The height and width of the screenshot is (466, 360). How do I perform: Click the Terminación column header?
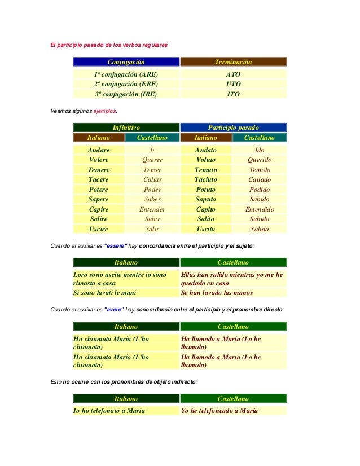[233, 62]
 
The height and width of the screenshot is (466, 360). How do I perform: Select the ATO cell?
[233, 74]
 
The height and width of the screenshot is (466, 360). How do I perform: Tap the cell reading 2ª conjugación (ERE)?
[126, 84]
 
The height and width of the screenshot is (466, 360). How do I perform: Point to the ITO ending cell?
[233, 94]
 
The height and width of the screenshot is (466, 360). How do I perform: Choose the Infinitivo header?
[126, 128]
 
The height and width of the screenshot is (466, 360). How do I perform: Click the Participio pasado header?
[233, 128]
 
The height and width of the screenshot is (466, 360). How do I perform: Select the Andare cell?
[99, 150]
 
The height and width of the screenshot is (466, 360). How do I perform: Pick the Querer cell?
[152, 160]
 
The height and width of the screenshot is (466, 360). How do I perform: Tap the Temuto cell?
[206, 170]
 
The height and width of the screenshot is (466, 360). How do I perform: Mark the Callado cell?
[260, 179]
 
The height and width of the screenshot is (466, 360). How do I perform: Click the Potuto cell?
[206, 190]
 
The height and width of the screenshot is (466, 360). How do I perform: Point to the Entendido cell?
[260, 209]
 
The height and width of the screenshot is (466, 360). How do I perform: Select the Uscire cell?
[99, 229]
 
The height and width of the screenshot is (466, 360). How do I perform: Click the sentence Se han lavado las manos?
[217, 293]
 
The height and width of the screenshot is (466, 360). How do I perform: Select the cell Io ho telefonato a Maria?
[109, 410]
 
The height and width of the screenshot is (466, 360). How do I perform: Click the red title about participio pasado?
[109, 45]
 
